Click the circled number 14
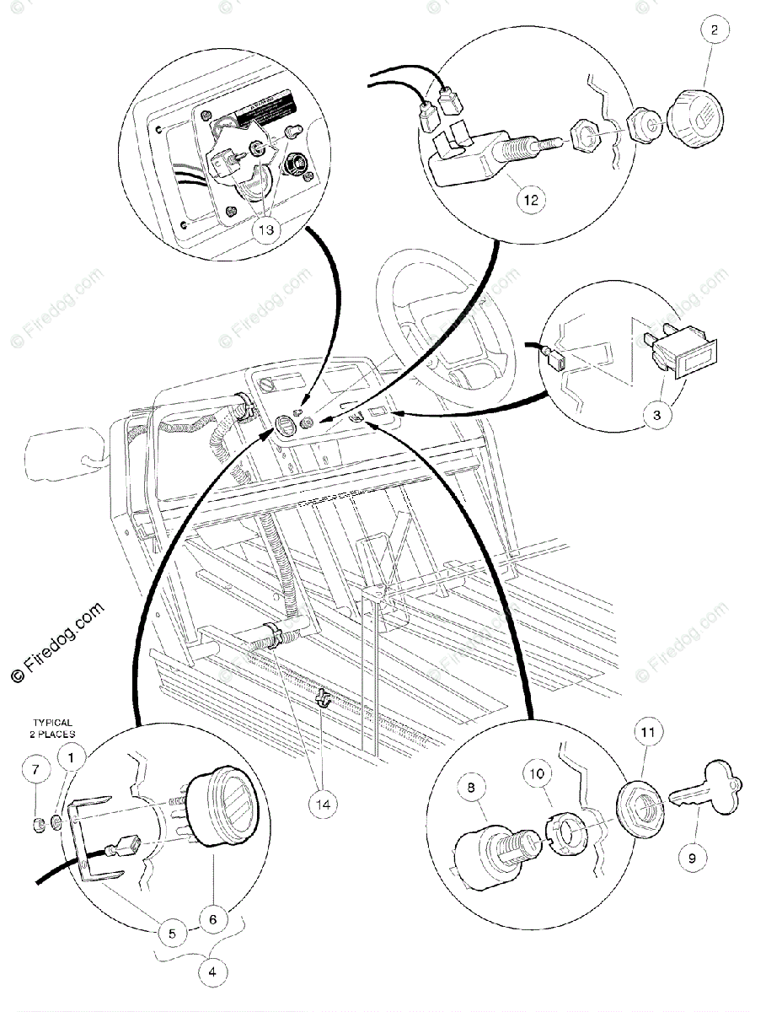(x=324, y=804)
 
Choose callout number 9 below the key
(x=692, y=859)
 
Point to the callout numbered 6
(x=212, y=918)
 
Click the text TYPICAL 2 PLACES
(x=52, y=728)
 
